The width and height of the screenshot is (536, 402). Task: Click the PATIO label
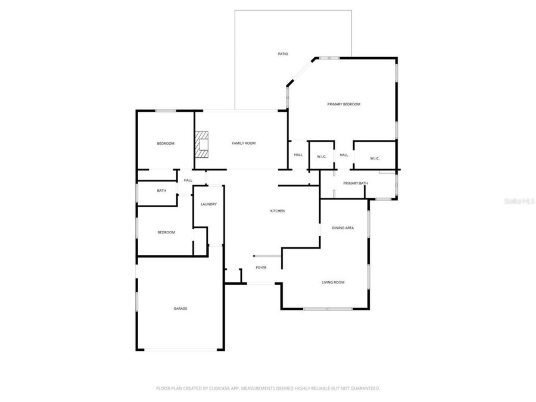tap(283, 54)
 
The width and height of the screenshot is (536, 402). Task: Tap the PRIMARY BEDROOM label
tap(344, 104)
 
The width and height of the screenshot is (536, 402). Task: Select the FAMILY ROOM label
tap(244, 143)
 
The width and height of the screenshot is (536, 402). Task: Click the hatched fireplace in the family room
tap(202, 144)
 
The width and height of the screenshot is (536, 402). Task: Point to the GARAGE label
tap(180, 308)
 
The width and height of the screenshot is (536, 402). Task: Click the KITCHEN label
tap(278, 211)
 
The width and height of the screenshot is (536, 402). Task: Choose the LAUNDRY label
tap(208, 204)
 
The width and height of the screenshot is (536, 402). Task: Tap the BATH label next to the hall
tap(161, 191)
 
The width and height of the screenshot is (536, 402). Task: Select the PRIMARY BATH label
tap(355, 183)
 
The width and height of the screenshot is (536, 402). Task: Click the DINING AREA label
tap(343, 228)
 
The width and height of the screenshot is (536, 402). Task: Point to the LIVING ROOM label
tap(333, 282)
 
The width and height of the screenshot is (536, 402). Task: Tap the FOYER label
tap(261, 268)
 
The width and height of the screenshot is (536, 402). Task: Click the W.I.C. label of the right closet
tap(375, 158)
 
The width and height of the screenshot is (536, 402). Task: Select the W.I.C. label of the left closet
tap(322, 157)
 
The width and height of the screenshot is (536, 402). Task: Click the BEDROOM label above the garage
tap(166, 232)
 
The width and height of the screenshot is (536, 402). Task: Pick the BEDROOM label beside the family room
tap(166, 144)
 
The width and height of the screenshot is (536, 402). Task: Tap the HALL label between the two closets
tap(344, 155)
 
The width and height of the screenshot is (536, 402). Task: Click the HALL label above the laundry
tap(188, 180)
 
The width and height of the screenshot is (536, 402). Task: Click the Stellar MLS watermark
tap(519, 202)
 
